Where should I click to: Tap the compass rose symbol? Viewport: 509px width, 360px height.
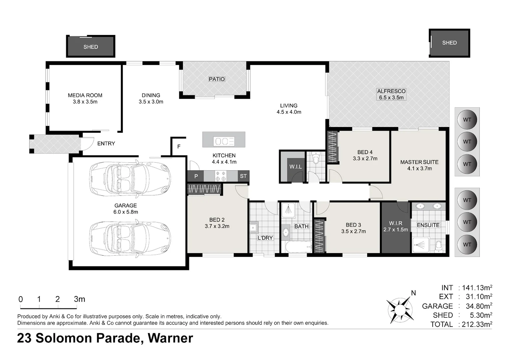point(400,310)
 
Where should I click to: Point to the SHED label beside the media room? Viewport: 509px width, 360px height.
point(91,47)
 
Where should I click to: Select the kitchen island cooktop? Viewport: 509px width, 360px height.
point(224,141)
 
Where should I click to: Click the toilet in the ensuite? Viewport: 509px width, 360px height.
point(438,247)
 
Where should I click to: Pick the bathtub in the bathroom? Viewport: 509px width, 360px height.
point(298,247)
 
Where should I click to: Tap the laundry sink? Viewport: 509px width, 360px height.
point(254,227)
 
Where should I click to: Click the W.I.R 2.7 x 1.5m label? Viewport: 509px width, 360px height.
point(396,226)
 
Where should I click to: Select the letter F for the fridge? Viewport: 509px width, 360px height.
point(179,147)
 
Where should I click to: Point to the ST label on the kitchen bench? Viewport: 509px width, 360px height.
point(243,176)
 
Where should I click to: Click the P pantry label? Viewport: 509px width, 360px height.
point(196,176)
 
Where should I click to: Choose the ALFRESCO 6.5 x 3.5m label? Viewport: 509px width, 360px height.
point(391,94)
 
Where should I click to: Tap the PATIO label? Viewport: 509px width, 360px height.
point(217,79)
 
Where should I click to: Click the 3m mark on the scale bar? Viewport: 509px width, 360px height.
point(79,299)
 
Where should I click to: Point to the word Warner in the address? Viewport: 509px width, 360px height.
point(171,338)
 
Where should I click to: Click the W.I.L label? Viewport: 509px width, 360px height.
point(295,167)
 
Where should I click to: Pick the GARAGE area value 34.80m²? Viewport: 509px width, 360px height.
point(479,306)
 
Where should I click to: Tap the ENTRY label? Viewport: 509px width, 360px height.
point(106,143)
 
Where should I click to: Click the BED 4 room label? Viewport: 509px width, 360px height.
point(365,152)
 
